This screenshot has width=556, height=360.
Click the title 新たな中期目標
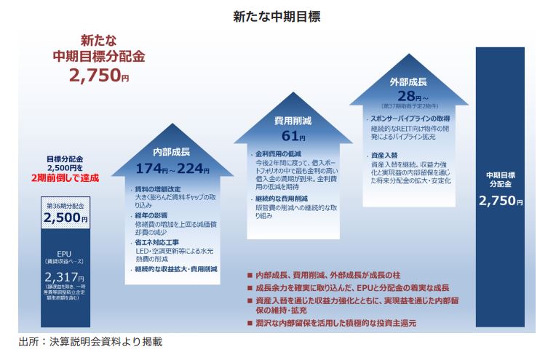point(277,15)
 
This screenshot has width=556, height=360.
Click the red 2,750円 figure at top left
point(99,73)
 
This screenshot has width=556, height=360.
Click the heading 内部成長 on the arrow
point(170,152)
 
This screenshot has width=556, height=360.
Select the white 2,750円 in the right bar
point(500,201)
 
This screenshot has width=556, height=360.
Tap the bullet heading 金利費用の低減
point(275,154)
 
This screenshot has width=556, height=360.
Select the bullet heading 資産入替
point(384,156)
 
